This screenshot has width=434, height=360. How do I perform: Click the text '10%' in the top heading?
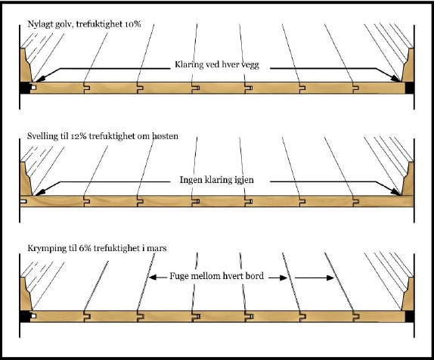tap(132, 24)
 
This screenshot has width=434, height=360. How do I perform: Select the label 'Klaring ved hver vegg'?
tap(217, 65)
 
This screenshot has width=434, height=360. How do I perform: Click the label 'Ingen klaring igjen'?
tap(216, 180)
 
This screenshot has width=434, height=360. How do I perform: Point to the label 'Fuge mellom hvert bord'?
tap(216, 276)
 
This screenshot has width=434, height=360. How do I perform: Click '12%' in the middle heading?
tap(79, 136)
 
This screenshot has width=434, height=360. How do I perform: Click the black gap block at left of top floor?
tap(26, 88)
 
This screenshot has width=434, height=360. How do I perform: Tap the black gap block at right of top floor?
tap(409, 88)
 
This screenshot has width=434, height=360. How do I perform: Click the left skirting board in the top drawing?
tap(26, 65)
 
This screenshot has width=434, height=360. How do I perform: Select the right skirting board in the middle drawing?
tap(408, 179)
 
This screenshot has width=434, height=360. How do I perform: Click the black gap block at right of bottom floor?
tap(409, 316)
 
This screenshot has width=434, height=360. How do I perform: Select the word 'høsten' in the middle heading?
tap(166, 136)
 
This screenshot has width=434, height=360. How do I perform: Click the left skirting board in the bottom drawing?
tap(26, 293)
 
